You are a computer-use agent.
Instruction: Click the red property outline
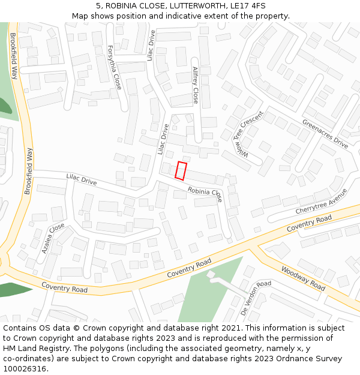point(181,170)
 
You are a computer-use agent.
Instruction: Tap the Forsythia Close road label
point(114,67)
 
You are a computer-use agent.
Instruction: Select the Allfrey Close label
point(195,85)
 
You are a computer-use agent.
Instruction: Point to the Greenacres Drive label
point(325,134)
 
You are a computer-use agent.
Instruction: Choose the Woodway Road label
point(303,278)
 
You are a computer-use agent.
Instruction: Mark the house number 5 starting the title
point(98,6)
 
